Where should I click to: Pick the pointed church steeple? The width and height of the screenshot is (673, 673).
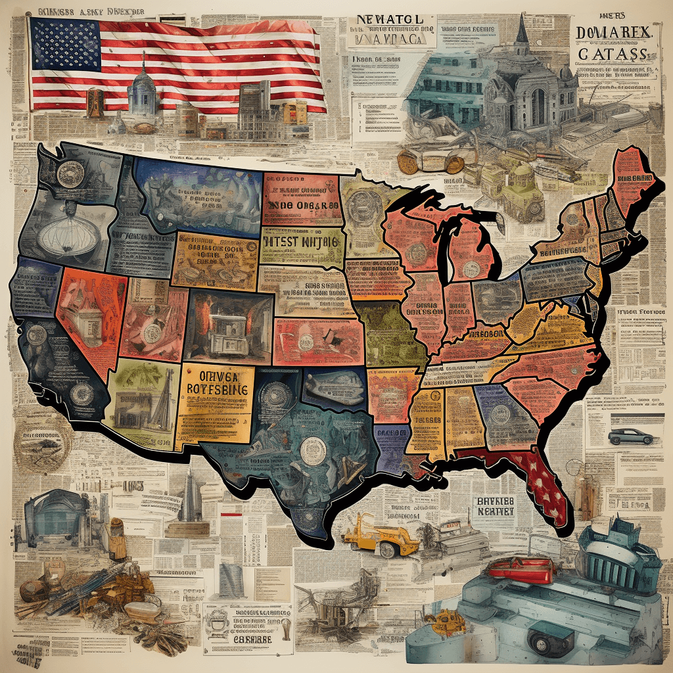522,30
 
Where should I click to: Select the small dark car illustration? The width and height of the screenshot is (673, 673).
630,436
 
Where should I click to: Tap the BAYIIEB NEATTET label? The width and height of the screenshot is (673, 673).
494,506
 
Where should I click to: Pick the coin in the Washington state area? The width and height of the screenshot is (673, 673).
67,174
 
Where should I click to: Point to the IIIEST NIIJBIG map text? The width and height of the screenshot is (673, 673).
301,242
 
